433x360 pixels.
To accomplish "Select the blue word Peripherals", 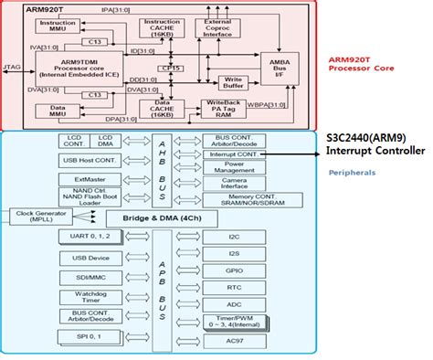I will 352,172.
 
